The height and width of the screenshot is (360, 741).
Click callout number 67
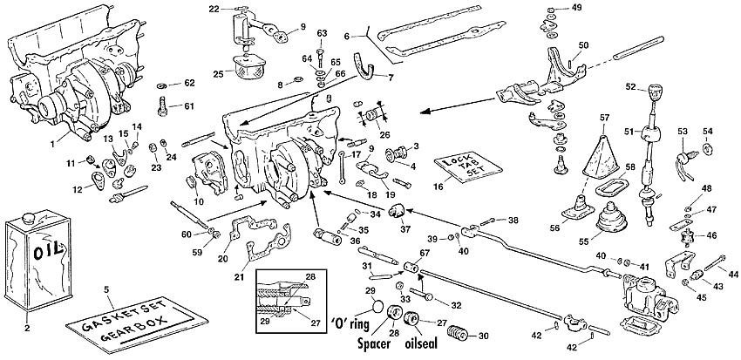point(425,253)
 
